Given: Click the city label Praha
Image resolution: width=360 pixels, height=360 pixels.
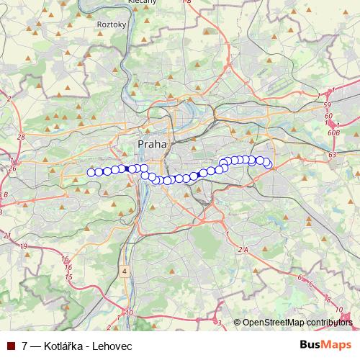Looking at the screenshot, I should point(151,144).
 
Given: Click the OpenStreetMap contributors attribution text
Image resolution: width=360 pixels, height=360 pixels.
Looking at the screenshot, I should point(297,323).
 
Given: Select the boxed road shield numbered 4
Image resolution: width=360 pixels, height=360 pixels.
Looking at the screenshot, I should point(125,271).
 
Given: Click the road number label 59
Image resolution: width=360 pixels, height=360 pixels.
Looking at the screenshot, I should point(328,106).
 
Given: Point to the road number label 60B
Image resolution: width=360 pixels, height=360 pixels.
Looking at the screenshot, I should point(333,132).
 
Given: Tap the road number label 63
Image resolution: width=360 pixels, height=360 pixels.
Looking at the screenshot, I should point(332,154).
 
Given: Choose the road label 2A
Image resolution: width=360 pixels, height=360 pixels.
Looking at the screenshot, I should point(243,249).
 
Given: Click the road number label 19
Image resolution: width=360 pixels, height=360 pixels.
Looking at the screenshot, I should point(24,246).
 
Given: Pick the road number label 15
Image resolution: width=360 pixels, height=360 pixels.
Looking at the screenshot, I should point(69,276).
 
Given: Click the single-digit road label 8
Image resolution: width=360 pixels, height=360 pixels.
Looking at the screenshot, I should point(328,299).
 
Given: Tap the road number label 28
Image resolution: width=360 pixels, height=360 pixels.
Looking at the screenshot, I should point(21,137).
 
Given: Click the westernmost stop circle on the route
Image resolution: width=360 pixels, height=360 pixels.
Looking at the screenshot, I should point(91,172).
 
